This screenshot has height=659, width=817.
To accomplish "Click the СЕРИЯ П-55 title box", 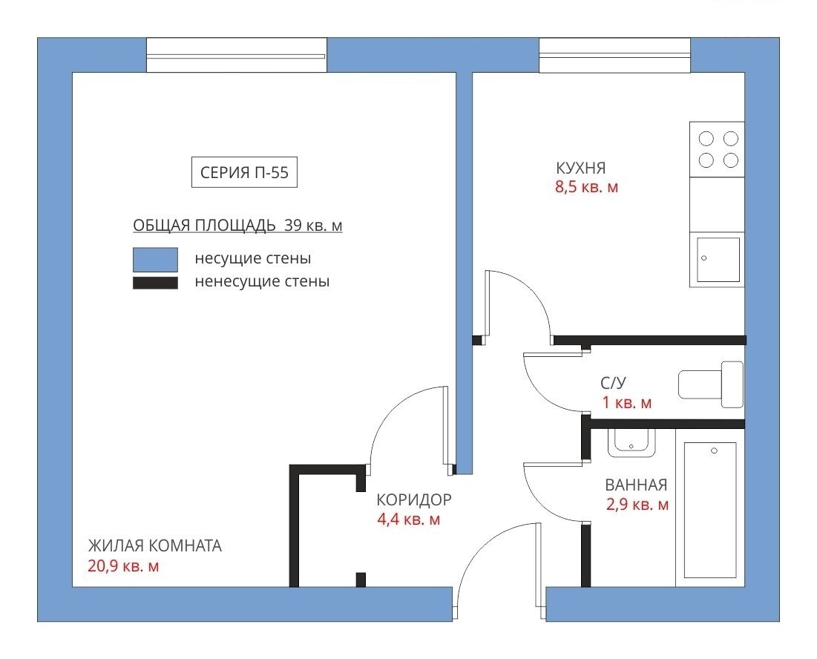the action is coord(244,172).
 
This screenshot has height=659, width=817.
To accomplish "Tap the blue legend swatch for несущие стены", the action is coord(155,260).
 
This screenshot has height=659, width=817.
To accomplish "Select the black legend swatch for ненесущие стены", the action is coord(155,282).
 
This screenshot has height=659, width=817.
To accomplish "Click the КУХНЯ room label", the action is coord(581,168).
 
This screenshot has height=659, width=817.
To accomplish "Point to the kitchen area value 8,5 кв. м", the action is coord(587,187).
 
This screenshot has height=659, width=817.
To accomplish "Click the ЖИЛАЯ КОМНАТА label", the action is coord(155,545).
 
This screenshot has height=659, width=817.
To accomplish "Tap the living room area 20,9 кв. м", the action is coord(123,565).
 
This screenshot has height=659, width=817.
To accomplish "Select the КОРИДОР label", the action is coord(414,499).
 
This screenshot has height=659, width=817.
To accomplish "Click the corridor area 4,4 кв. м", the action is coord(408,519).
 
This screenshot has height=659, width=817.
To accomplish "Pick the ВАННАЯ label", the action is coord(636,485).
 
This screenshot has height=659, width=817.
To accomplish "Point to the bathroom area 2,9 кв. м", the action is coord(637,505).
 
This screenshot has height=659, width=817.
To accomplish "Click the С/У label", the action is coord(613,383).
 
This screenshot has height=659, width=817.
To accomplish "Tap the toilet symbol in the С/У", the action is coord(711,384).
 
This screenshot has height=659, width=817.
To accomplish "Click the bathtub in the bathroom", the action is coord(710,510).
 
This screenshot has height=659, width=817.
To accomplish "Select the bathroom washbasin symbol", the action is coord(631,443).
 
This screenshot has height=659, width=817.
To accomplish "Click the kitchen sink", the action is coord(718,260).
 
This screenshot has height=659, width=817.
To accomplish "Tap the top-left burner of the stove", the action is coord(706,139).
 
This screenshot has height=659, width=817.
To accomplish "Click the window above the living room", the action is coord(237,55).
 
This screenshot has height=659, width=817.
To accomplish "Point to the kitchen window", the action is coord(615,55).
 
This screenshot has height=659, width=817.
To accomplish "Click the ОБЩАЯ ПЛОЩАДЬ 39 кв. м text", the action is coord(237,226).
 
